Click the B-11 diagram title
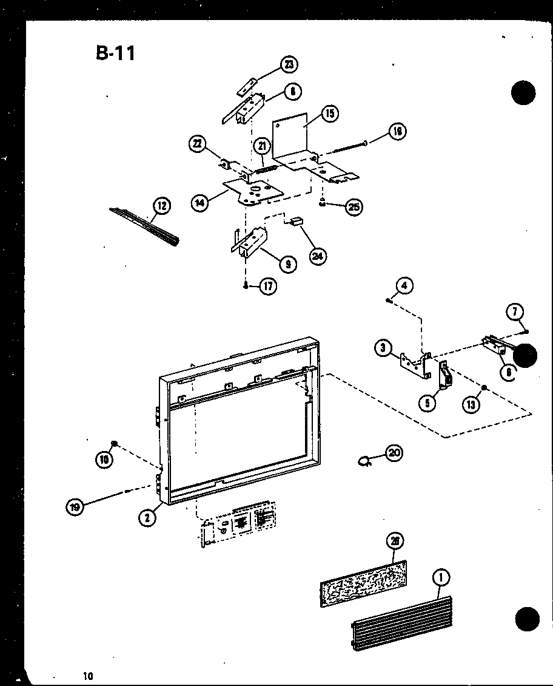(x=115, y=53)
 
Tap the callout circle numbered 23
(x=290, y=64)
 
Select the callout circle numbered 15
(x=330, y=114)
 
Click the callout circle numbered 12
(x=161, y=206)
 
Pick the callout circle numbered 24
(x=316, y=256)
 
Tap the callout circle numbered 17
(x=268, y=287)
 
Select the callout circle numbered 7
(x=514, y=313)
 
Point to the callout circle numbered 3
(x=383, y=348)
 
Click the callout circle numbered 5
(x=429, y=402)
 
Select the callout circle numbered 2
(x=147, y=517)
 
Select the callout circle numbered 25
(x=353, y=207)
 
